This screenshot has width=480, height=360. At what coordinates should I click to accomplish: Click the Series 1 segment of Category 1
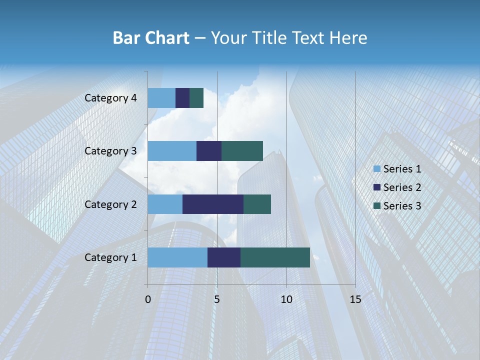(x=177, y=257)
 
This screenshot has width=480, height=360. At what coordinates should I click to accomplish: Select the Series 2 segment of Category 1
(x=224, y=257)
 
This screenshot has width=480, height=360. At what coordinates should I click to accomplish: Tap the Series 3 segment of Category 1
(x=275, y=257)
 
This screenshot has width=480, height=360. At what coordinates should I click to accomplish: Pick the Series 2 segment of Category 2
(x=213, y=204)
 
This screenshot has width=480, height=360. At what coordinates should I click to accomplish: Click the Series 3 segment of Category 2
(x=257, y=204)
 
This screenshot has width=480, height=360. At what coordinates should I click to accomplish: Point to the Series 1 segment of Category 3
(x=172, y=151)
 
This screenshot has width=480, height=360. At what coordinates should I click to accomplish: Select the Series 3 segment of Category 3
(x=242, y=151)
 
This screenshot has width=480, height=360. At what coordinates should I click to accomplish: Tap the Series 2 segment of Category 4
(x=182, y=98)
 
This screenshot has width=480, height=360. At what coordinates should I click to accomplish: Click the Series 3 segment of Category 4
(x=196, y=98)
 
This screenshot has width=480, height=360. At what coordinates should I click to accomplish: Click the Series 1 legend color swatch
(x=377, y=169)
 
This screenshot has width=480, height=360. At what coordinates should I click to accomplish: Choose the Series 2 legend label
(x=402, y=187)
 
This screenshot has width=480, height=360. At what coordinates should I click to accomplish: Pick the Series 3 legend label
(x=402, y=206)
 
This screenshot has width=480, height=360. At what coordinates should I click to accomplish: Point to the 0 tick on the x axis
(x=148, y=299)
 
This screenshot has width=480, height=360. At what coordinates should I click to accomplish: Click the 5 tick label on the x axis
(x=217, y=299)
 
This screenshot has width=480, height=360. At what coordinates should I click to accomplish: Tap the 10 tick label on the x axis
(x=286, y=299)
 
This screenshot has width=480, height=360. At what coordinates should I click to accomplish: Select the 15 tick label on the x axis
(x=355, y=299)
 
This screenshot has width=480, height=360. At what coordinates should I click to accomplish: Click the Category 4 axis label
(x=110, y=98)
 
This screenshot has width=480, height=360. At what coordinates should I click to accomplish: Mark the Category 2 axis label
(x=110, y=204)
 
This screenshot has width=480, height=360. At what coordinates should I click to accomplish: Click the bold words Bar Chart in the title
(x=151, y=38)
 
